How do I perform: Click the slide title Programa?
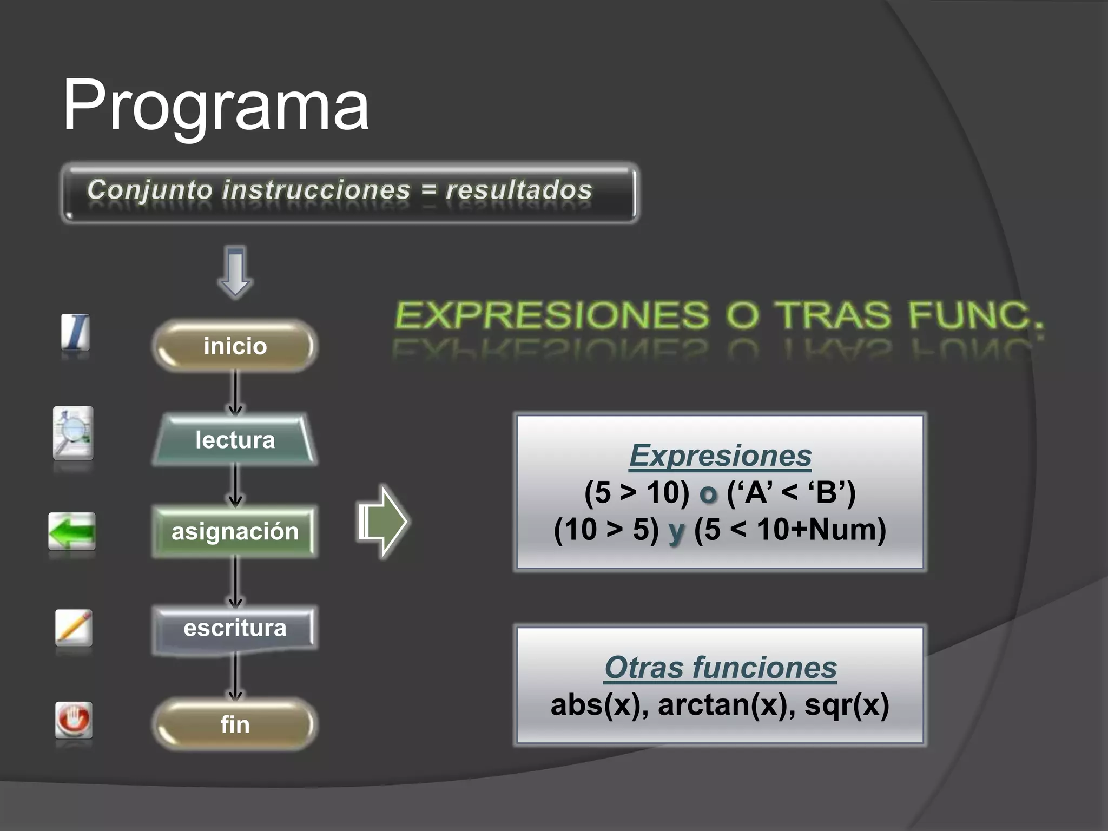pos(216,105)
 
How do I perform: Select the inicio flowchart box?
pos(235,346)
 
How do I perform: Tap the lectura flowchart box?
pos(235,440)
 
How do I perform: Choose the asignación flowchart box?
pos(235,531)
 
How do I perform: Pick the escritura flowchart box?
pos(235,628)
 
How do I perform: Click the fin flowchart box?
pos(235,724)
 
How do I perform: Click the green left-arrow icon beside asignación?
pos(72,531)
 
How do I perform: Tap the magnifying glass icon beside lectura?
pos(73,433)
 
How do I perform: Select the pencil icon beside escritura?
pos(74,628)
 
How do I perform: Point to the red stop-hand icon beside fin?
pos(74,720)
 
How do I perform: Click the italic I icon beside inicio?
pos(75,332)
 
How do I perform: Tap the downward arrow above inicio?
pos(235,272)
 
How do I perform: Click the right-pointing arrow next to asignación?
pos(382,522)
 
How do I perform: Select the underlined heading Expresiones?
pos(720,456)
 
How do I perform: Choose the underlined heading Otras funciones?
pos(720,668)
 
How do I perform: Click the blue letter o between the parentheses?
pos(708,493)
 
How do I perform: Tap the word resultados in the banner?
pos(519,190)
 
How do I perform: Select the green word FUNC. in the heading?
pos(975,315)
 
